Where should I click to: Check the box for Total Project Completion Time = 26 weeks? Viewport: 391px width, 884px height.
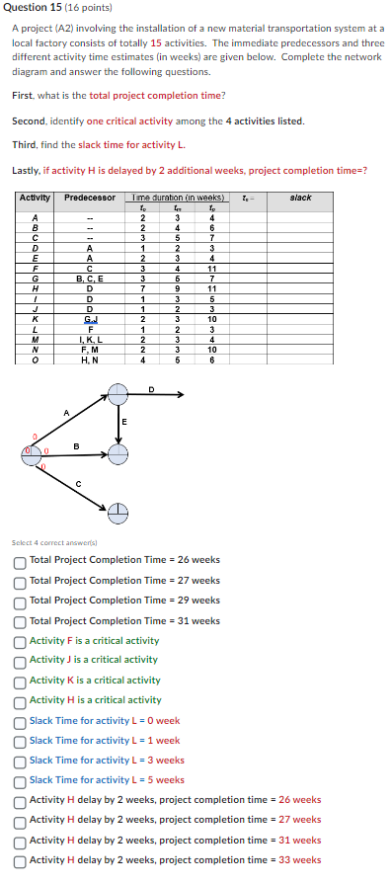(x=20, y=560)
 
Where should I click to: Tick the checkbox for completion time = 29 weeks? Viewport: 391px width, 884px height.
(x=20, y=601)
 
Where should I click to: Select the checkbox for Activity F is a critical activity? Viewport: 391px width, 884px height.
(x=20, y=640)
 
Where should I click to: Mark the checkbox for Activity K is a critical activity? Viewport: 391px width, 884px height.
(x=20, y=680)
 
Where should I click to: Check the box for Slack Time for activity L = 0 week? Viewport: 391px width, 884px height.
(x=20, y=720)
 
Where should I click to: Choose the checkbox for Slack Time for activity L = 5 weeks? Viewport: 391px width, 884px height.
(x=20, y=780)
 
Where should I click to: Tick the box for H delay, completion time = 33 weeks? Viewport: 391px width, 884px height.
(x=20, y=859)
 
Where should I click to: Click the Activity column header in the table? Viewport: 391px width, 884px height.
(x=36, y=199)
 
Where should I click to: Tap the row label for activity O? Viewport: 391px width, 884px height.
(x=36, y=360)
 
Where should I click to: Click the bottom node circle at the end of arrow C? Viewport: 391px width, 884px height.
(x=117, y=513)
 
